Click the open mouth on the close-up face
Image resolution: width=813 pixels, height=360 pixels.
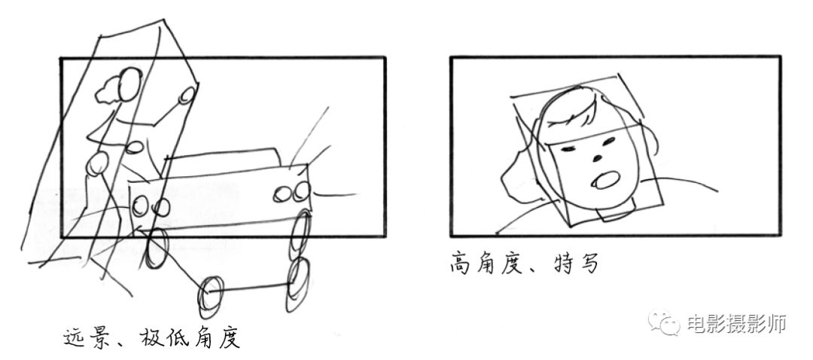click(x=605, y=180)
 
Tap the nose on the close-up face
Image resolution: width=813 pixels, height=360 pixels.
click(x=598, y=157)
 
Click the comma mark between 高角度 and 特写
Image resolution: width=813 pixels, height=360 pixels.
click(x=535, y=270)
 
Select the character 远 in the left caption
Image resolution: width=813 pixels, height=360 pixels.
click(x=76, y=337)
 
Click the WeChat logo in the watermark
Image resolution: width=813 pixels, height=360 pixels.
click(x=664, y=322)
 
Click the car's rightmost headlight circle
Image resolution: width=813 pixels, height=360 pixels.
click(x=301, y=191)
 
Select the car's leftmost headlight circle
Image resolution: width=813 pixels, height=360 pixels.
click(x=140, y=206)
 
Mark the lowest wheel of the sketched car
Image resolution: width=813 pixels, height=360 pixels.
click(x=210, y=296)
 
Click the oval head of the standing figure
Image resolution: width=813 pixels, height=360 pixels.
click(x=129, y=84)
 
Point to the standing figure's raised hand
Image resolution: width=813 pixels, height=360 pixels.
click(x=187, y=95)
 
